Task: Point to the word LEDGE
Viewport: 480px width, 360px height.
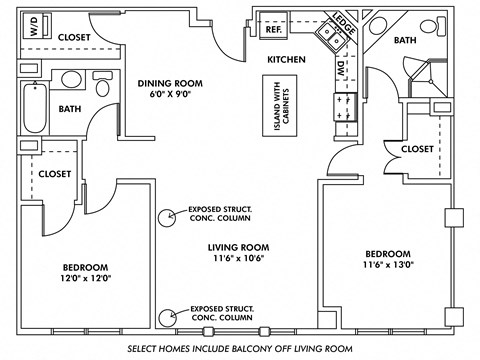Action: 345,25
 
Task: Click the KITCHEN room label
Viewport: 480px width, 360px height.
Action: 285,60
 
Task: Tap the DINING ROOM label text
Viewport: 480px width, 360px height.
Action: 171,84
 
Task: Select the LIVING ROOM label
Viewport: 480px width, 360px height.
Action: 239,247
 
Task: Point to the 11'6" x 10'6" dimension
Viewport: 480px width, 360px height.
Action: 239,260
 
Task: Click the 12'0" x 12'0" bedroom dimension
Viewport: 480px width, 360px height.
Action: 85,280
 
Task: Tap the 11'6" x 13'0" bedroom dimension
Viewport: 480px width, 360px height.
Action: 386,266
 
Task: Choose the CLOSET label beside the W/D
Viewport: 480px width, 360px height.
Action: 74,37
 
